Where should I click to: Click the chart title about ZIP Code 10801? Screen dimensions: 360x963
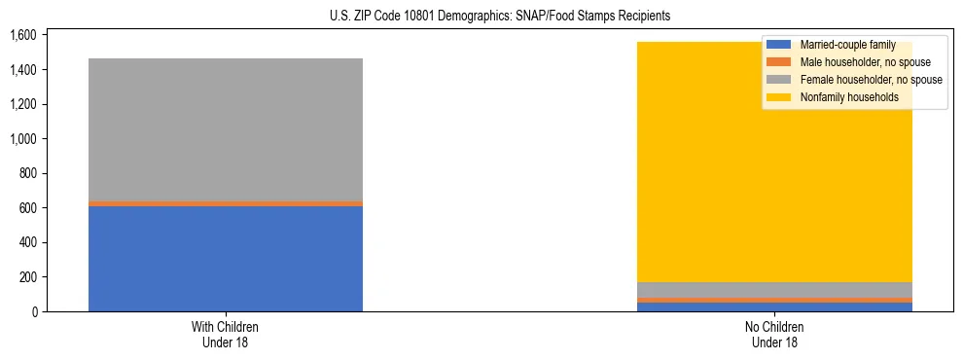(481, 17)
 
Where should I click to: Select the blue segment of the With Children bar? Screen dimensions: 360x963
(226, 259)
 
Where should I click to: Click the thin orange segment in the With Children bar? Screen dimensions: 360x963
(226, 203)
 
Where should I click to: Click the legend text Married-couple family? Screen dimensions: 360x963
(846, 45)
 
